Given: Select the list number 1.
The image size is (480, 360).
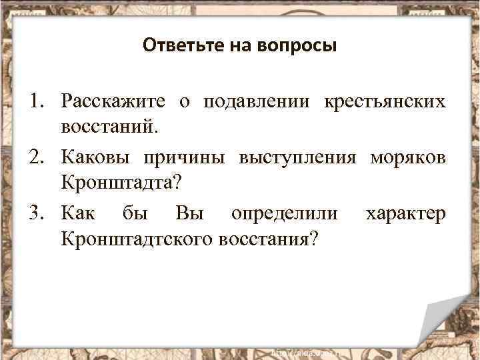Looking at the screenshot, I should tap(35, 101).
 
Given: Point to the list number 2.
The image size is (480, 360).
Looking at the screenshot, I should tap(35, 157).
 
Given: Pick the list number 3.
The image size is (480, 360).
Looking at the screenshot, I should tap(35, 214).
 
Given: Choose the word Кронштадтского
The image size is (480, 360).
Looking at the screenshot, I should tap(135, 238).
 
